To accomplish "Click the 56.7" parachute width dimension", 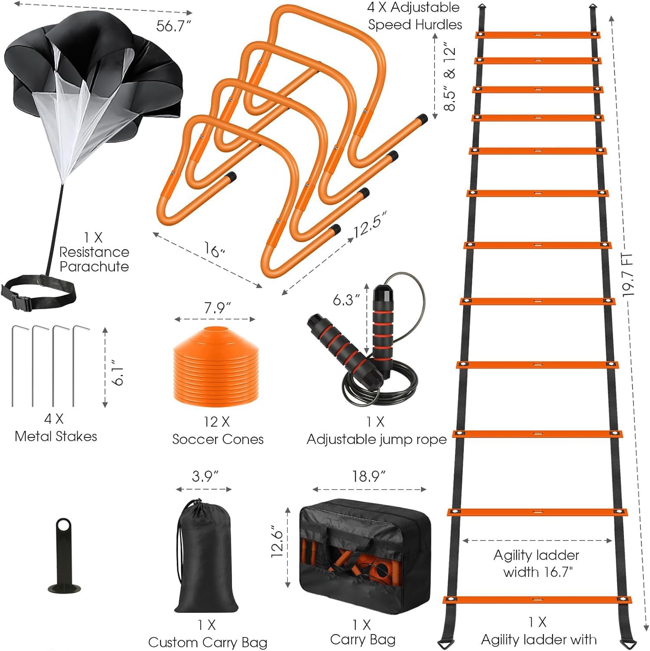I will coord(173,26).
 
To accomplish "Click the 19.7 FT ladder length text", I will coord(627,274).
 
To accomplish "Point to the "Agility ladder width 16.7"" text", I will coord(537,563).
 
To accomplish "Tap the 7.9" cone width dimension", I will coord(217,308).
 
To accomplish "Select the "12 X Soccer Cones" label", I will coord(218,431).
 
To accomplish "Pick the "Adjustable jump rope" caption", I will coord(376,439).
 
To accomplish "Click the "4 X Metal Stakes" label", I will coord(56,427).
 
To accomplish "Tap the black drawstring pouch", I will coord(206,560).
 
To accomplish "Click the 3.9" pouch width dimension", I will coord(205,477).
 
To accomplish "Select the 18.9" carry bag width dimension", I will coord(369,477).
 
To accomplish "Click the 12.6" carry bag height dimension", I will coord(277,544).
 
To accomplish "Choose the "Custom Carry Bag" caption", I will coord(207,642).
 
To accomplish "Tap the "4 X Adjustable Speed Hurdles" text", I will coord(414,16).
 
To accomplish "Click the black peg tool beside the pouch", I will coord(64,556).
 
